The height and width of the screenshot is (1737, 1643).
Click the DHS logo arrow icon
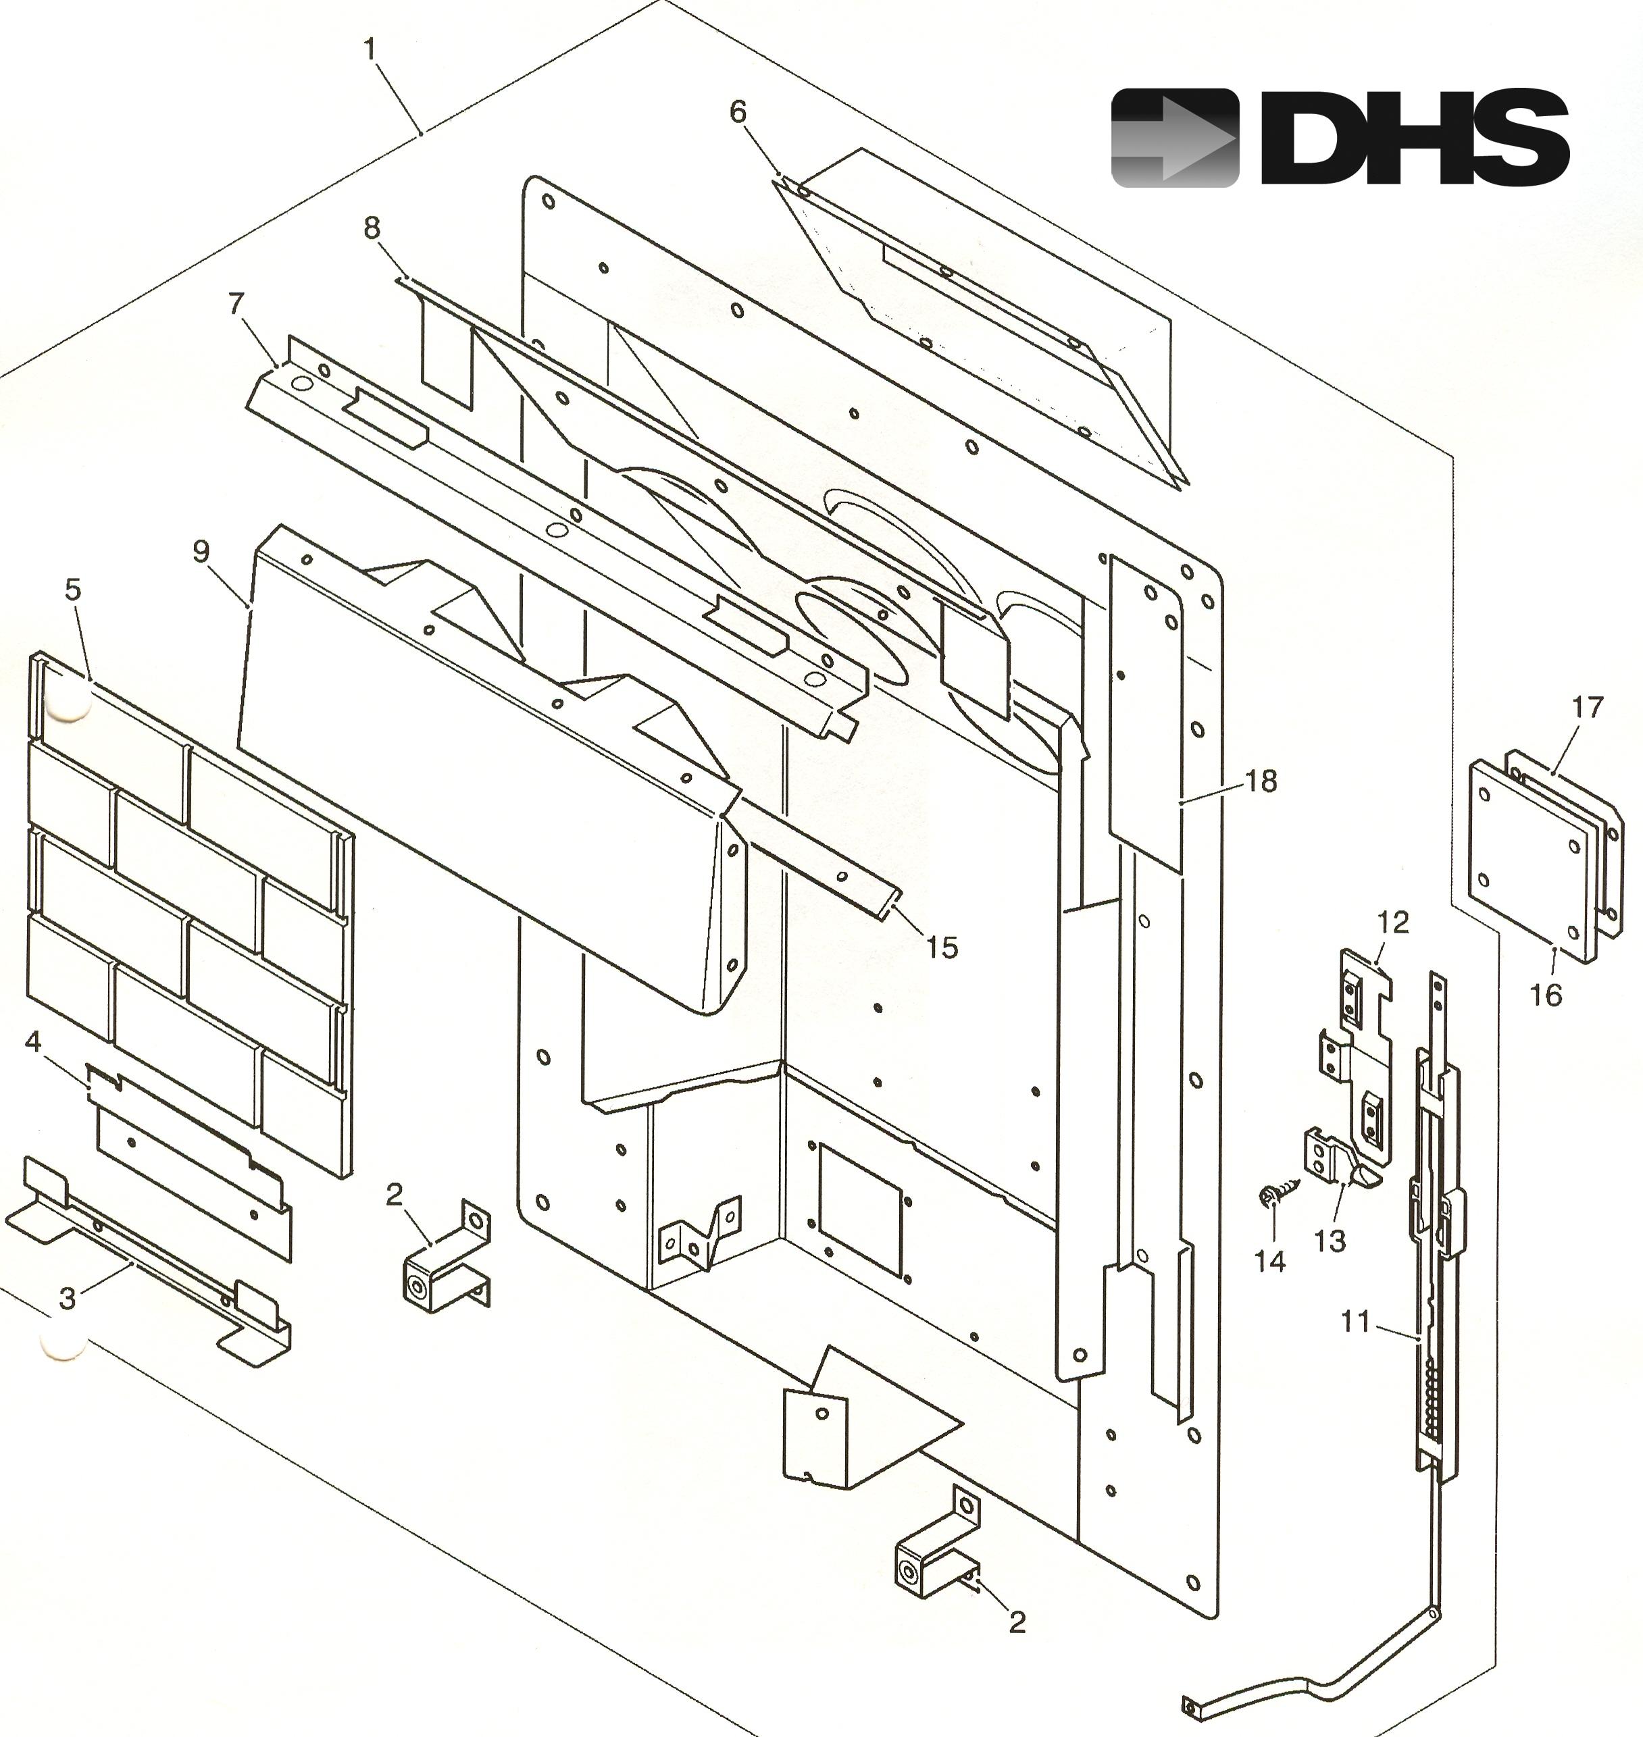[1174, 138]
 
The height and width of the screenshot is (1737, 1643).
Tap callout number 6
[738, 112]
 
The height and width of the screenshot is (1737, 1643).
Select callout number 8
[372, 228]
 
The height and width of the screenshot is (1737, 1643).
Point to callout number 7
[236, 304]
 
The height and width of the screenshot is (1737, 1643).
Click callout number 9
[201, 552]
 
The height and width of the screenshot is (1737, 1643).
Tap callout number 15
[942, 946]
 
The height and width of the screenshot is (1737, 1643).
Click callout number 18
[1261, 780]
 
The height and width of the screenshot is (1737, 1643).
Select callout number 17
[1587, 706]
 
